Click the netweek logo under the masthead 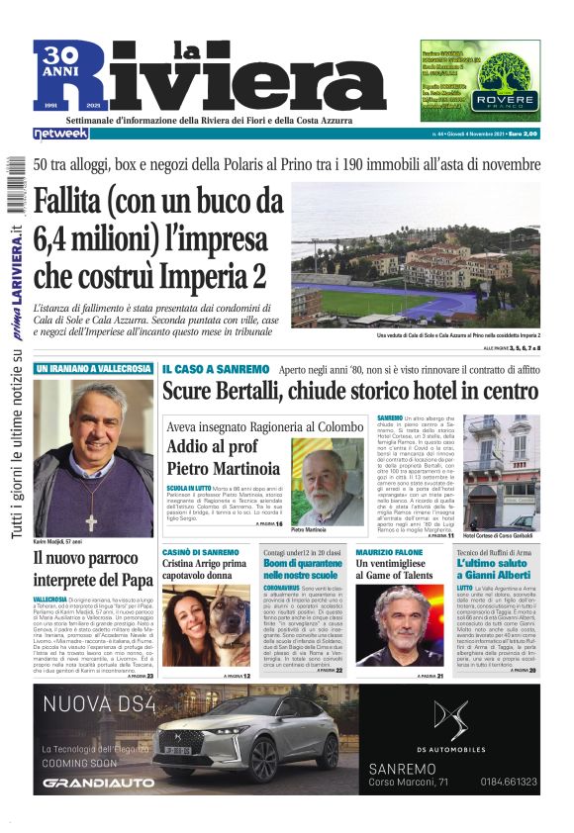tap(60, 133)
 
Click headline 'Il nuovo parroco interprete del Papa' tap(93, 569)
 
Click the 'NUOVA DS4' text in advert tap(94, 704)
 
